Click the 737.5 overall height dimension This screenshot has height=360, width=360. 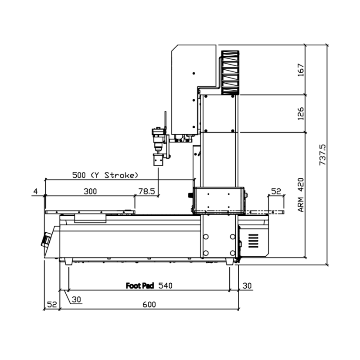pos(323,155)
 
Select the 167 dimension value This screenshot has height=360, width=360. pos(301,70)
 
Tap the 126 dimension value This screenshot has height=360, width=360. pos(301,113)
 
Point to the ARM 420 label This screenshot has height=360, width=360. pos(301,195)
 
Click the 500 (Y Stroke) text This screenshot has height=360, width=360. pos(105,175)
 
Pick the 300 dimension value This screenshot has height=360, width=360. pos(90,191)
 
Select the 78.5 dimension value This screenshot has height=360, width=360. pos(147,191)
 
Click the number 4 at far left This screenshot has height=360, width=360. pos(35,191)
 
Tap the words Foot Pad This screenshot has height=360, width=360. pos(140,285)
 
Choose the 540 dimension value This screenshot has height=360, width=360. pos(165,285)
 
